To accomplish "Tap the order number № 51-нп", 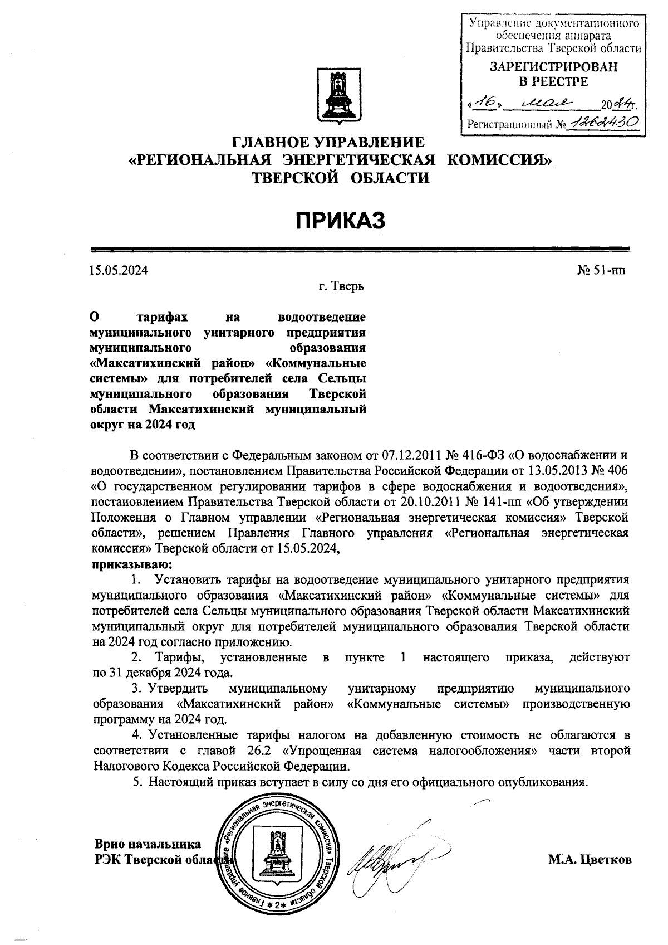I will tap(601, 271).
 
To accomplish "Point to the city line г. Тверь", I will tap(341, 287).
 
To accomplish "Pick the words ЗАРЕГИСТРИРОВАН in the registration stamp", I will tap(553, 67).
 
